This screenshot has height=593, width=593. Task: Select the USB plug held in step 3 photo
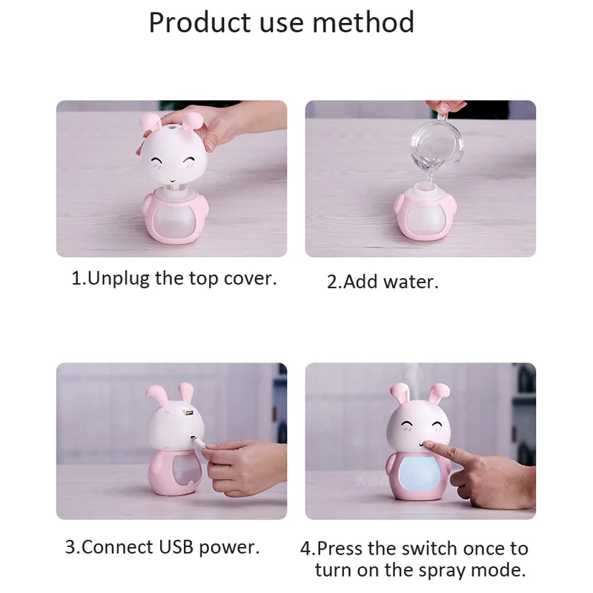click(x=200, y=441)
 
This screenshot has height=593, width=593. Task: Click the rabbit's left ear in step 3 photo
click(x=157, y=394)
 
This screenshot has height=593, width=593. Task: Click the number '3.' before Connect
click(x=73, y=548)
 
